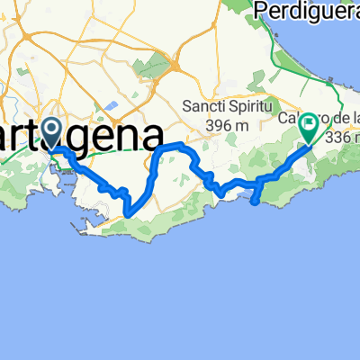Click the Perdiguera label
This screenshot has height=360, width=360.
pyautogui.click(x=307, y=11)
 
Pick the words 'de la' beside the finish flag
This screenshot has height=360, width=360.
pyautogui.click(x=345, y=120)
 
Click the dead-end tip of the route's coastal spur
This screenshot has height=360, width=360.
pyautogui.click(x=260, y=202)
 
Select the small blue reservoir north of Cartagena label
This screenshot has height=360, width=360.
pyautogui.click(x=112, y=104)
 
